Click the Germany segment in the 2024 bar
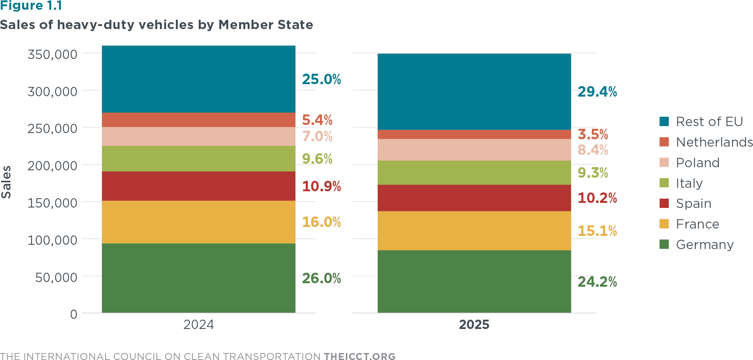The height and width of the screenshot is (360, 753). (198, 278)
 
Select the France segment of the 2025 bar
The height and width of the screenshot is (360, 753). (474, 230)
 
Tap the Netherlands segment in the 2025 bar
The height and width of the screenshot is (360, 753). (474, 134)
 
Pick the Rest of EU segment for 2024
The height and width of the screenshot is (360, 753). (198, 79)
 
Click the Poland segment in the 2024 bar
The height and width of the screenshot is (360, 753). (198, 136)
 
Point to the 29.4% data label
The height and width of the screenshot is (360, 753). (597, 92)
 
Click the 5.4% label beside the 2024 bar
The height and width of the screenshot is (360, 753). (317, 120)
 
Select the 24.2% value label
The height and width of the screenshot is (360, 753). (597, 282)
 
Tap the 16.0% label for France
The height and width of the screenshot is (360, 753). (321, 222)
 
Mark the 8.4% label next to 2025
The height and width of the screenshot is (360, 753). (593, 150)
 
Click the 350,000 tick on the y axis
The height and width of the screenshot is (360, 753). (52, 54)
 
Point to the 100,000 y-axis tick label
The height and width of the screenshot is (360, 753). (52, 240)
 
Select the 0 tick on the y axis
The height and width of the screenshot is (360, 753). (74, 314)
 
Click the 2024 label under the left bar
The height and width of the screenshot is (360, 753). (198, 324)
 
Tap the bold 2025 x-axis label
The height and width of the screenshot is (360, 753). (474, 324)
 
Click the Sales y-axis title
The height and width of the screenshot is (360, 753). (6, 182)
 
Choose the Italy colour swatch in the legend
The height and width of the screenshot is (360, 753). (664, 183)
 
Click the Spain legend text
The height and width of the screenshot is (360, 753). (694, 204)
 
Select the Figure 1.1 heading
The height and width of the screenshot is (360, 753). (31, 6)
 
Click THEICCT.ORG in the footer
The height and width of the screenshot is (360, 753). (360, 357)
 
